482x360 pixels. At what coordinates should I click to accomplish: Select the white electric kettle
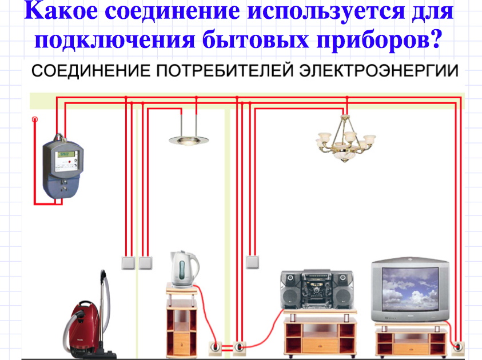pyautogui.click(x=184, y=269)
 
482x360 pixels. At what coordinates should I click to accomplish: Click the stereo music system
pyautogui.click(x=317, y=290)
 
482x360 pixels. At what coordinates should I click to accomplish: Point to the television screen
pyautogui.click(x=410, y=289)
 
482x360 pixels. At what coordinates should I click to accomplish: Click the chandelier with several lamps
pyautogui.click(x=345, y=138)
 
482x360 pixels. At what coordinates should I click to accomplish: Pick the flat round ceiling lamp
pyautogui.click(x=189, y=141)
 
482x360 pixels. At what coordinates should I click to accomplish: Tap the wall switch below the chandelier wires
pyautogui.click(x=252, y=262)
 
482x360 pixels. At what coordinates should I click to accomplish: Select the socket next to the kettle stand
pyautogui.click(x=216, y=347)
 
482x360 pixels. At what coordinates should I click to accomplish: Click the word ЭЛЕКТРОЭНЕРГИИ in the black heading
pyautogui.click(x=379, y=71)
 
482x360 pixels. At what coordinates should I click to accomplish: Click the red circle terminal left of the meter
pyautogui.click(x=35, y=119)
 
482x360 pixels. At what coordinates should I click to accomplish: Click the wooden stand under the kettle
pyautogui.click(x=182, y=321)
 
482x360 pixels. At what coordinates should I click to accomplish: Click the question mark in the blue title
pyautogui.click(x=436, y=39)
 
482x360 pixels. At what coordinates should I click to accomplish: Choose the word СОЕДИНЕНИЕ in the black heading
pyautogui.click(x=91, y=71)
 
